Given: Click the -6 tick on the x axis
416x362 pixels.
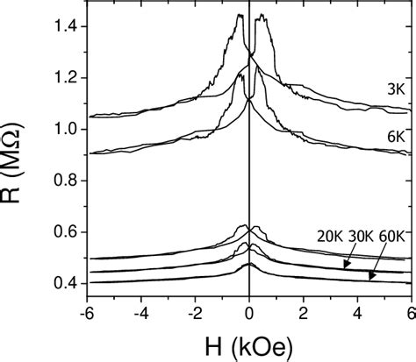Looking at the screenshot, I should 88,312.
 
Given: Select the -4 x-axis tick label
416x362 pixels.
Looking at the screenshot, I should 141,312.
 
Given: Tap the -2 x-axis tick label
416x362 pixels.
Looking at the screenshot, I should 195,312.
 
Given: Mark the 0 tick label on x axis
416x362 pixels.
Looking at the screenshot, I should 250,312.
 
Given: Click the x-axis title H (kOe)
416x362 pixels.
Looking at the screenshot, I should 250,344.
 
